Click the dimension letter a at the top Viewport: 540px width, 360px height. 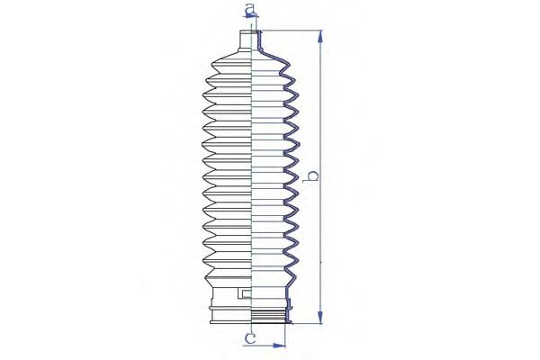click(x=250, y=9)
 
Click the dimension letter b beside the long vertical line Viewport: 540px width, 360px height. click(x=312, y=175)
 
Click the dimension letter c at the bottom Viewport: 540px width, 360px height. click(x=250, y=338)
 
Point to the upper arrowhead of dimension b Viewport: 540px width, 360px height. click(x=320, y=37)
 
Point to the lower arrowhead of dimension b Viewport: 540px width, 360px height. click(x=320, y=318)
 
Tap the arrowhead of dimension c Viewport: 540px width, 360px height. click(x=279, y=346)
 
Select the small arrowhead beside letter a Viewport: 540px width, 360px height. click(x=253, y=14)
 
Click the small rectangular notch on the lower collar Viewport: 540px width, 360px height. click(x=244, y=293)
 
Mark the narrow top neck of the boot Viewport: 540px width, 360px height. click(x=246, y=40)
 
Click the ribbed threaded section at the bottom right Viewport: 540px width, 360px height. click(x=268, y=315)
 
